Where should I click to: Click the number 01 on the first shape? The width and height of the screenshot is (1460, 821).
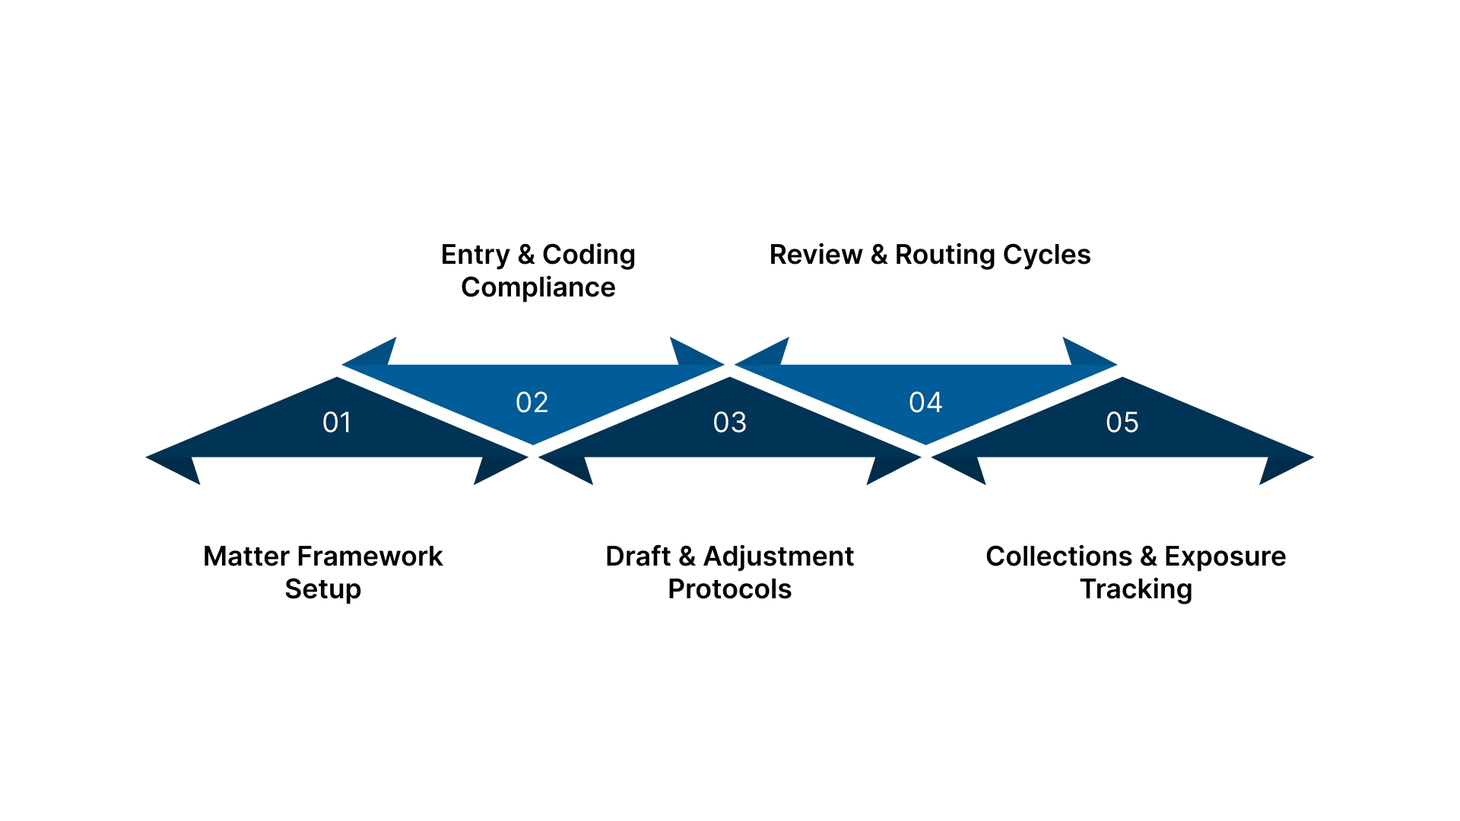click(337, 423)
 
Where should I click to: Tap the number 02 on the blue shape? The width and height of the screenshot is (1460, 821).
click(532, 403)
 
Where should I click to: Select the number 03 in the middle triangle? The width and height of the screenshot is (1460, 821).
click(729, 423)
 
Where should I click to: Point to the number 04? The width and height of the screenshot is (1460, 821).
click(925, 403)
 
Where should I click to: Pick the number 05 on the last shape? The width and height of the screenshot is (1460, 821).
click(1122, 423)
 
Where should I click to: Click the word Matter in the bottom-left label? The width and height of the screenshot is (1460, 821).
click(246, 556)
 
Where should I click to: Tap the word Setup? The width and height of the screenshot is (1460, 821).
click(322, 590)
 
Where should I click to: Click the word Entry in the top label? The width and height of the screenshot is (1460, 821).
click(474, 255)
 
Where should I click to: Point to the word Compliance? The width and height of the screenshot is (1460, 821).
click(538, 288)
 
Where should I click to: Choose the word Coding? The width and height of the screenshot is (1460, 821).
click(589, 255)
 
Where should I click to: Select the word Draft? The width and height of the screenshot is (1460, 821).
click(637, 556)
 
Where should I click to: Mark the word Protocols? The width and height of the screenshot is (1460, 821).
click(729, 590)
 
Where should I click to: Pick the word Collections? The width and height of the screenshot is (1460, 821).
click(1058, 556)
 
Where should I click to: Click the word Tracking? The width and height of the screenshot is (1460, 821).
click(1135, 590)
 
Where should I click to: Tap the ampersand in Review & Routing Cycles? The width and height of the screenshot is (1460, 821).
click(879, 255)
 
